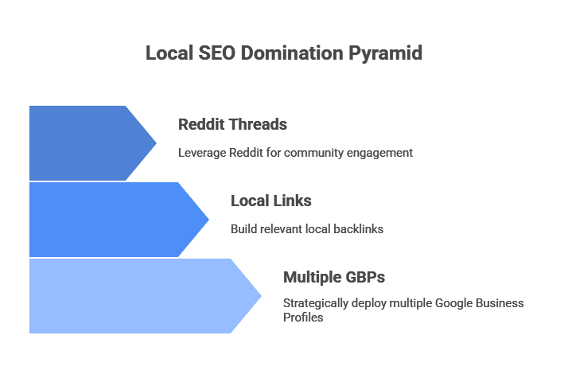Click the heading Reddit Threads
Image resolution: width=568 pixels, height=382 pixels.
point(232,124)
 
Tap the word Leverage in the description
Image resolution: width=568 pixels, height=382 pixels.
point(201,153)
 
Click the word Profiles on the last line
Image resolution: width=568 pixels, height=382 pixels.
point(302,318)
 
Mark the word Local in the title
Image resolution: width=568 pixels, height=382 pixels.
point(167,53)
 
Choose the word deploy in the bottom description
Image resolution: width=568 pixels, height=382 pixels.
point(372,303)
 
